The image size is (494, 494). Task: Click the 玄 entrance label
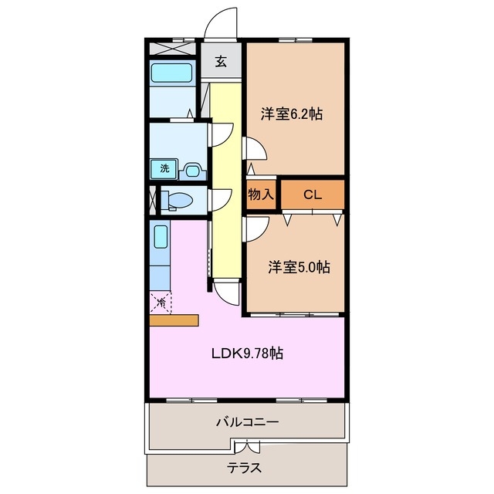click(x=222, y=63)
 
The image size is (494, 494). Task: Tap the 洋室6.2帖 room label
click(x=291, y=114)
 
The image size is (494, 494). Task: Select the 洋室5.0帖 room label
click(x=299, y=268)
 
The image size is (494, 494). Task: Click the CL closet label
click(x=312, y=195)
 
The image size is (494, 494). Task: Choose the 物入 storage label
click(x=261, y=195)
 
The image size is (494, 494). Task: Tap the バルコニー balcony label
click(x=247, y=423)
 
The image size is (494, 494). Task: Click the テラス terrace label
click(x=244, y=468)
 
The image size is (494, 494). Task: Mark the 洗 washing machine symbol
click(x=164, y=167)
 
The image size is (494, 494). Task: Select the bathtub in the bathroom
click(x=172, y=74)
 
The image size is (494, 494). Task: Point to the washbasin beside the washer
click(x=191, y=168)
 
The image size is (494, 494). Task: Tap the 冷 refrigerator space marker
click(x=161, y=303)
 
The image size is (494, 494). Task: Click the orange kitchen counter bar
click(x=174, y=320)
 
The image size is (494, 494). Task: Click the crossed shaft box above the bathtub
click(x=172, y=47)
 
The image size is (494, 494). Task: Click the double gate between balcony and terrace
click(x=245, y=447)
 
